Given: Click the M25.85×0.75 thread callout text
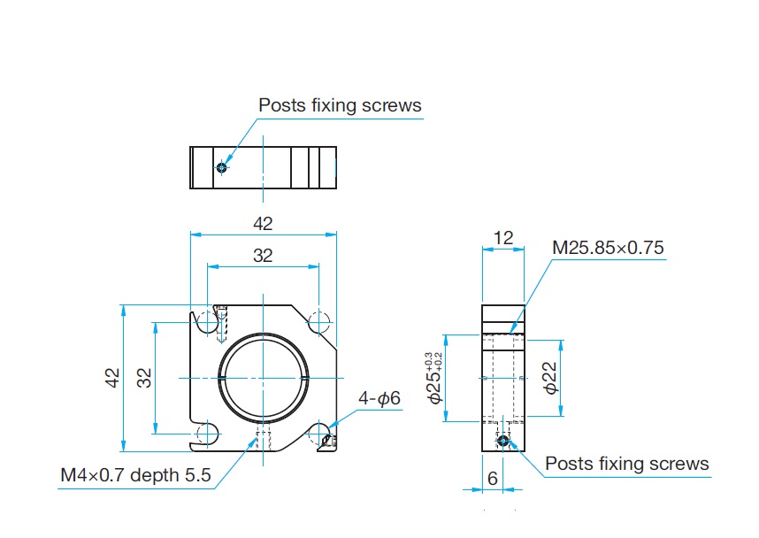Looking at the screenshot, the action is (608, 248).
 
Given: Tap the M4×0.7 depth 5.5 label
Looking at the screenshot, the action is (135, 475).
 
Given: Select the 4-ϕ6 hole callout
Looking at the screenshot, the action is (379, 398).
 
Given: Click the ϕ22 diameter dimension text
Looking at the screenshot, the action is (550, 378).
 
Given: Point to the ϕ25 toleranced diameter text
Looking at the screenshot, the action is (434, 378).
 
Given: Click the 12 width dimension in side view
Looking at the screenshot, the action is (503, 238).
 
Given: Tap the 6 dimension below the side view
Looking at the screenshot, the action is (492, 479).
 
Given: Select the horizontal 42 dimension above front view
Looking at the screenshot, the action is (263, 224).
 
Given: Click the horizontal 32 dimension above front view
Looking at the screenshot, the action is (263, 255).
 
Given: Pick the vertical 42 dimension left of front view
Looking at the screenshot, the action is (112, 378).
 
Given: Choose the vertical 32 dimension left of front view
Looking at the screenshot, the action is (144, 378).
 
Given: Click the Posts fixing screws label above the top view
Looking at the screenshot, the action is (340, 105).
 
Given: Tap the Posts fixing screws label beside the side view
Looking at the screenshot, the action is (627, 464).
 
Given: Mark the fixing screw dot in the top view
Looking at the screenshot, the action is (222, 167).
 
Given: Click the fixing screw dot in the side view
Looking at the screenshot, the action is (503, 440).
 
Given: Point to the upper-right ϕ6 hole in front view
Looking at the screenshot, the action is (318, 322).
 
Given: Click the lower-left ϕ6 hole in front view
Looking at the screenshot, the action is (207, 434).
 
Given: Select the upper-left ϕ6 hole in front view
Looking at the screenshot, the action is (207, 322).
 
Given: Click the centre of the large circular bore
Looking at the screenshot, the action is (263, 378).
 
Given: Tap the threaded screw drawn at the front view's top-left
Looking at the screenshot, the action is (222, 324).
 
